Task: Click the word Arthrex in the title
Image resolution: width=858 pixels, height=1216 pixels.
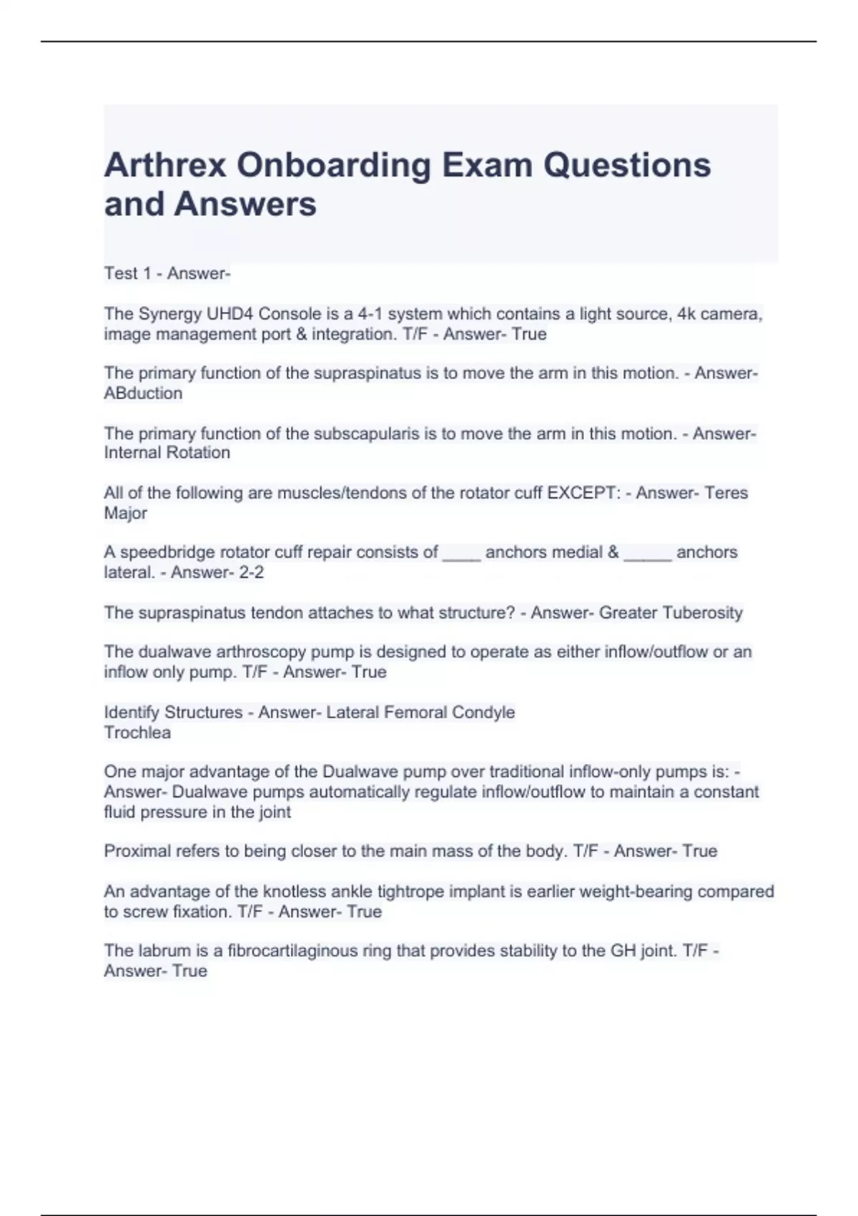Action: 165,166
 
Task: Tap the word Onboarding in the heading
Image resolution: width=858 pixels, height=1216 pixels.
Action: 334,166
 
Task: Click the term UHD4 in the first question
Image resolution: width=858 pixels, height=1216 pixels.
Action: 230,314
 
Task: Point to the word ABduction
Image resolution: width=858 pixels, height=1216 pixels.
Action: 143,393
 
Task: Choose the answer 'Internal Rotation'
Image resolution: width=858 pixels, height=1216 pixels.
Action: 167,453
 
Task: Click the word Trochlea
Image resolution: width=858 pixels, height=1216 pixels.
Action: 137,732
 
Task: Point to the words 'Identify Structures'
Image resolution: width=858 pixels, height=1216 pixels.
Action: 173,712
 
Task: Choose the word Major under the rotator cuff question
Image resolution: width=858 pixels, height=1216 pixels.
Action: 125,513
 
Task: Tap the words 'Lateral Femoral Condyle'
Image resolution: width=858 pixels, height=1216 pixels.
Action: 420,712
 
